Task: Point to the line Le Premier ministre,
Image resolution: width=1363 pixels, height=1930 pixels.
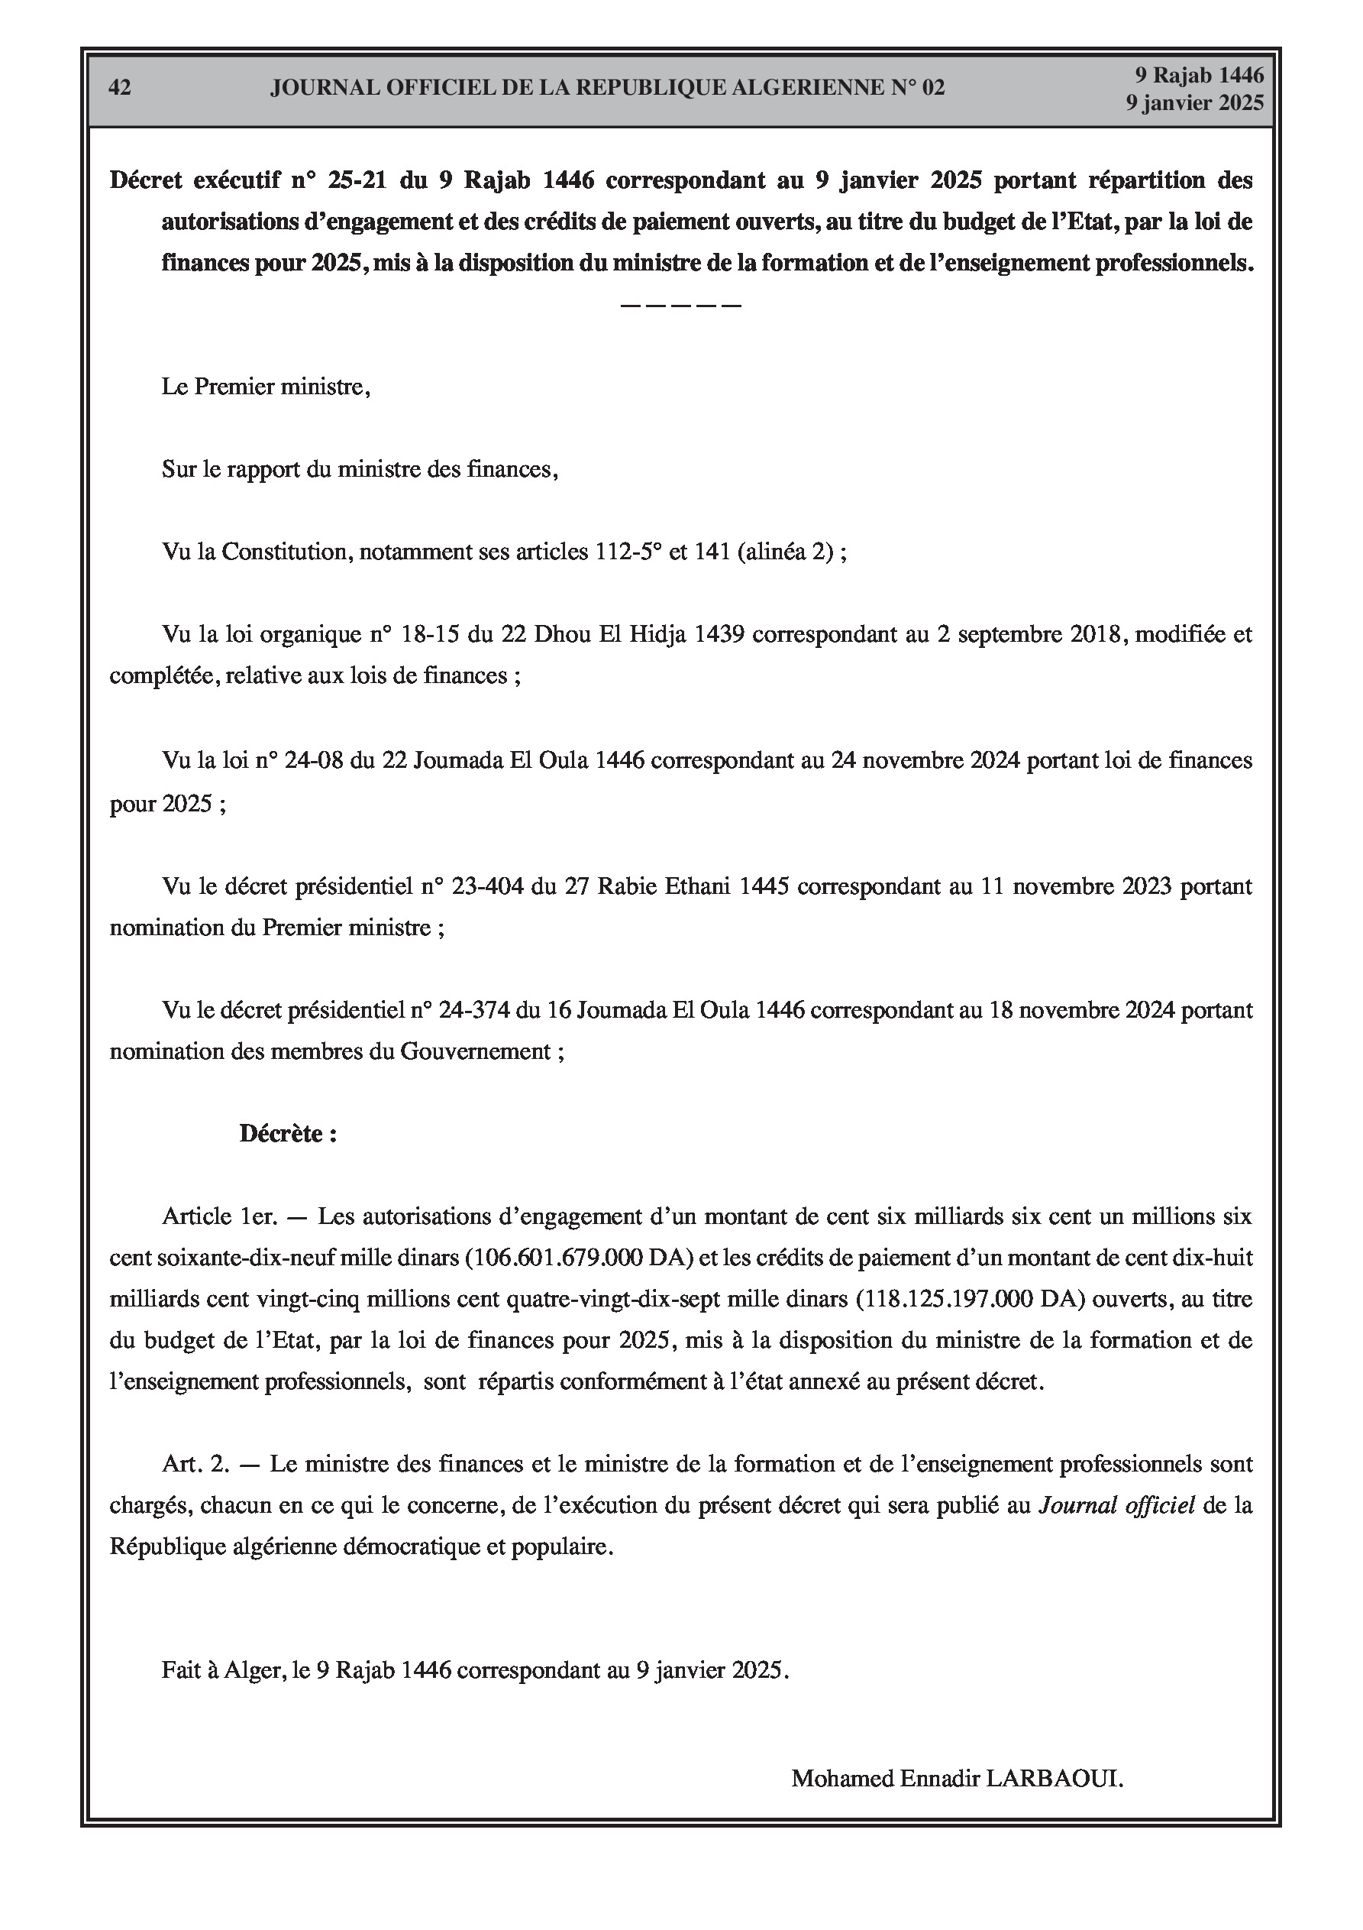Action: pos(266,387)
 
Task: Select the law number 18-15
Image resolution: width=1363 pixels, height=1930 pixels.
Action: pos(431,635)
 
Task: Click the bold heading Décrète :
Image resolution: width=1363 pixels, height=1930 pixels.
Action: pos(288,1134)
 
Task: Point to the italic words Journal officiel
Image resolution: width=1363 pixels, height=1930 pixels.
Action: pos(1117,1505)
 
